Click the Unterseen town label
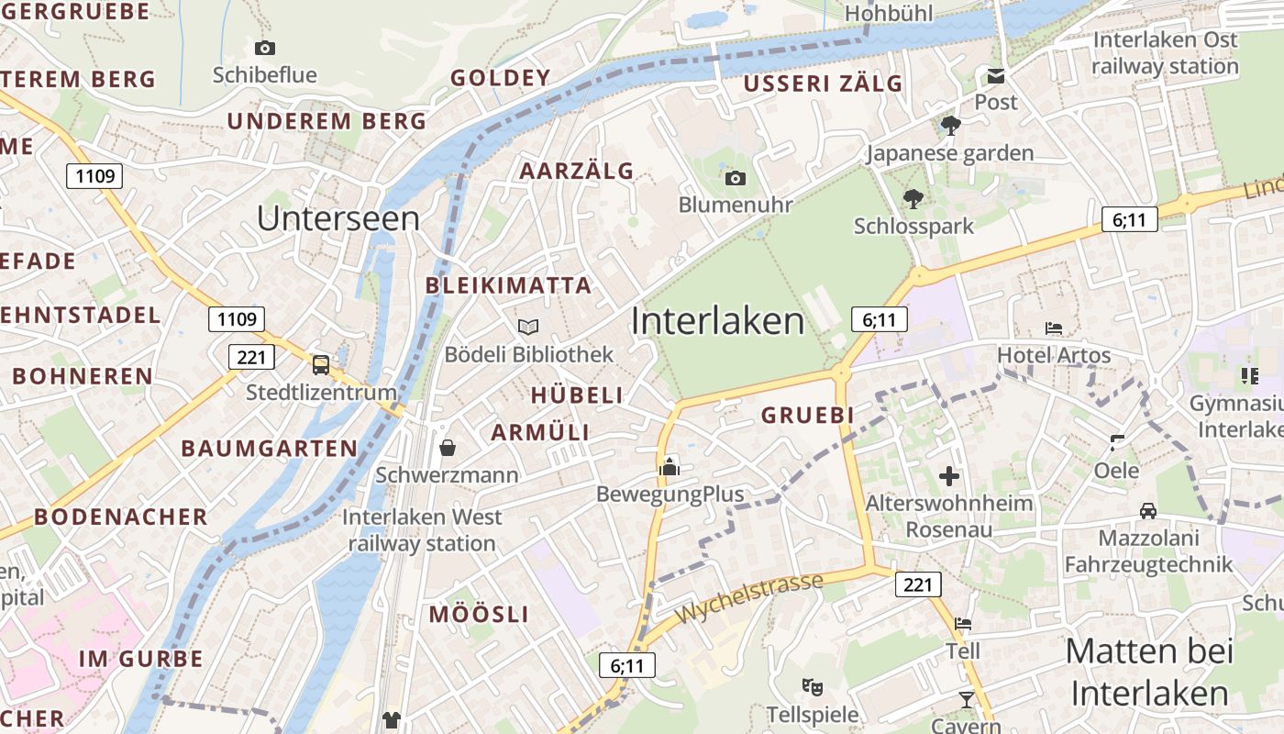tap(338, 218)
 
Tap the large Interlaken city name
tap(717, 320)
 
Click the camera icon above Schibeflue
tap(265, 48)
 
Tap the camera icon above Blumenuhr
tap(735, 178)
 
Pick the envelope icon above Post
tap(996, 75)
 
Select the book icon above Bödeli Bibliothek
tap(528, 327)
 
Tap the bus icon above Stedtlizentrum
tap(321, 365)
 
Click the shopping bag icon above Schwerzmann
tap(448, 448)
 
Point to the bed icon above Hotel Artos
tap(1054, 328)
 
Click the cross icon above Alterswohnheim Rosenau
tap(949, 476)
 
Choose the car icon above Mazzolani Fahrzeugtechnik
tap(1147, 510)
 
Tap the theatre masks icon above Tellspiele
tap(812, 686)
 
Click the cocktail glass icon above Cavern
tap(966, 701)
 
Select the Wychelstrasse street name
tap(748, 598)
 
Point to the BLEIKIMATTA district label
tap(508, 285)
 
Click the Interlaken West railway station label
tap(422, 530)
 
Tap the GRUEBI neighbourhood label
tap(807, 415)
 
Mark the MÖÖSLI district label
tap(479, 615)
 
